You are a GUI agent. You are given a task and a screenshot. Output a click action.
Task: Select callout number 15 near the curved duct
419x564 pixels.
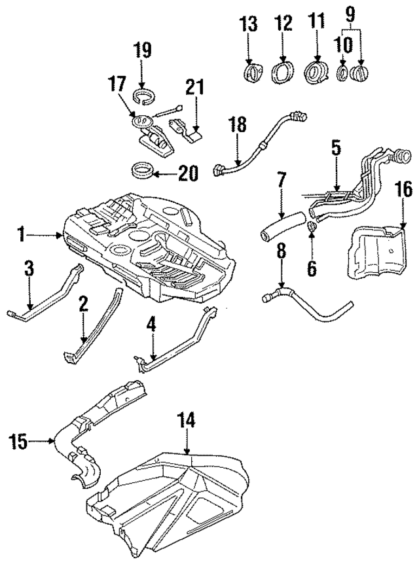click(20, 442)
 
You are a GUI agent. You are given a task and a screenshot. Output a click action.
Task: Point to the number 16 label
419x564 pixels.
click(404, 190)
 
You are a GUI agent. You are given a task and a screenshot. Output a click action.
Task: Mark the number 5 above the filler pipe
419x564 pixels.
click(335, 149)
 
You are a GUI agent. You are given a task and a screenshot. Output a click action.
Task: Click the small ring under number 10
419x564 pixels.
click(342, 72)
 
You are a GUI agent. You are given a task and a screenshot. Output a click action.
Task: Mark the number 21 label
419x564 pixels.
click(194, 86)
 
